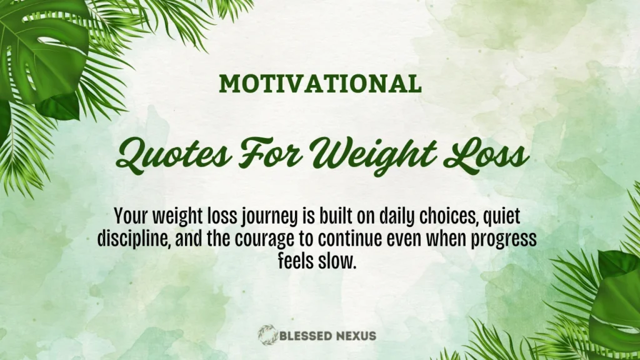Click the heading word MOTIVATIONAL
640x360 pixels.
(319, 84)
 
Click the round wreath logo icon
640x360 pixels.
(267, 335)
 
